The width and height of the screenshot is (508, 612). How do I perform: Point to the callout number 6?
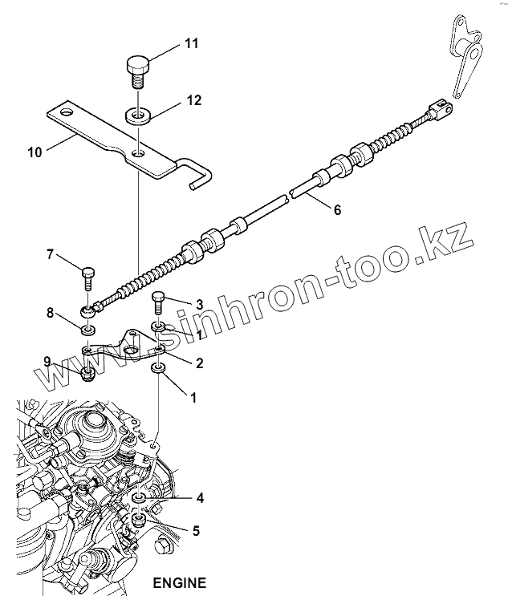click(x=336, y=210)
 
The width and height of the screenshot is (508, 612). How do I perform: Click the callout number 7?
click(x=50, y=255)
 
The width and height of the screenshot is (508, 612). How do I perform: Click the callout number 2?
click(x=198, y=363)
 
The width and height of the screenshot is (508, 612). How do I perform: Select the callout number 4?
click(x=200, y=497)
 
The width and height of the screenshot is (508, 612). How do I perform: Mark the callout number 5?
click(x=197, y=530)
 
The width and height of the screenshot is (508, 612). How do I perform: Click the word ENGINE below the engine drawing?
click(x=179, y=583)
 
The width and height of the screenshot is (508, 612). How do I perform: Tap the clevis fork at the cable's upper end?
click(x=442, y=108)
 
